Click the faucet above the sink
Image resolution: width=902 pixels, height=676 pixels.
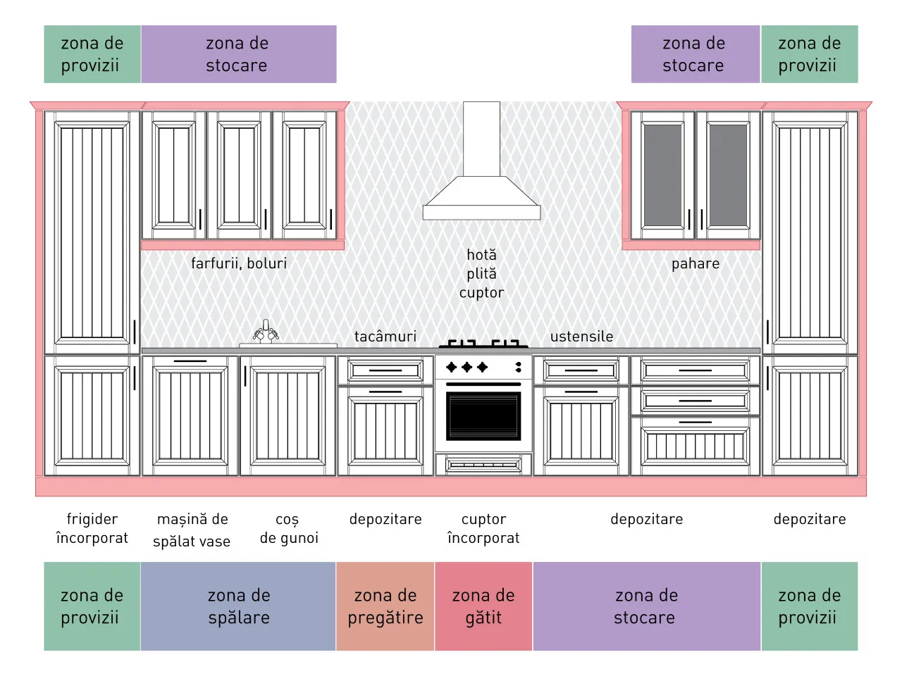[266, 331]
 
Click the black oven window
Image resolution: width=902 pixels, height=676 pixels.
[483, 415]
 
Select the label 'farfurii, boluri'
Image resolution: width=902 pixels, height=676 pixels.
[239, 263]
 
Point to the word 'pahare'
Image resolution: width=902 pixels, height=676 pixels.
[696, 264]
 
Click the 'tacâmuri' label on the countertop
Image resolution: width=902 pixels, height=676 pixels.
[385, 337]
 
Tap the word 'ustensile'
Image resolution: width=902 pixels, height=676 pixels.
[581, 337]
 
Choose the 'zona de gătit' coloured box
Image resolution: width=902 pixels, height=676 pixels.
[483, 606]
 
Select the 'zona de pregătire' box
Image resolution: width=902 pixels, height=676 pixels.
[385, 606]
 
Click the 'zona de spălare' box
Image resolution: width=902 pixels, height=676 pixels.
[238, 606]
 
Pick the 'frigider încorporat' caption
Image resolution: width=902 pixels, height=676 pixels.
[92, 528]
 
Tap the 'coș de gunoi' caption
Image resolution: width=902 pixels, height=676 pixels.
[289, 528]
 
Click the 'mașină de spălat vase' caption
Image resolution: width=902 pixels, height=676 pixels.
[192, 530]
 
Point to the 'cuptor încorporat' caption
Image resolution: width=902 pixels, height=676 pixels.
[483, 528]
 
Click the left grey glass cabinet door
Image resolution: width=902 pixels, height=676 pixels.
[662, 175]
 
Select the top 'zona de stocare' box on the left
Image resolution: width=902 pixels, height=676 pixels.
[239, 54]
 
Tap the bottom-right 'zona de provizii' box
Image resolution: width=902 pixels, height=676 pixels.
[810, 606]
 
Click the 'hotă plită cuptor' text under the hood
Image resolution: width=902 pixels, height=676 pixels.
[481, 274]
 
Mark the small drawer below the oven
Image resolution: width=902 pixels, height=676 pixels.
[483, 465]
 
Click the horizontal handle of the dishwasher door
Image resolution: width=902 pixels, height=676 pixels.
[190, 361]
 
